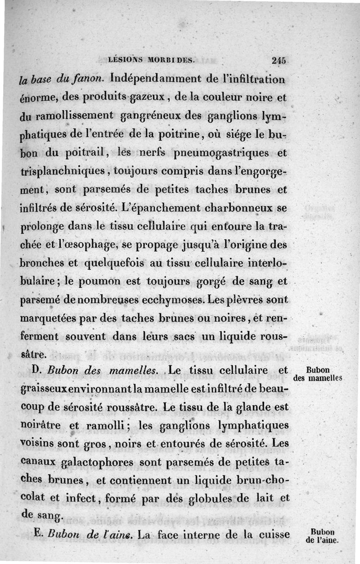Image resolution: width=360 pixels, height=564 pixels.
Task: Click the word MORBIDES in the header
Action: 169,58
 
